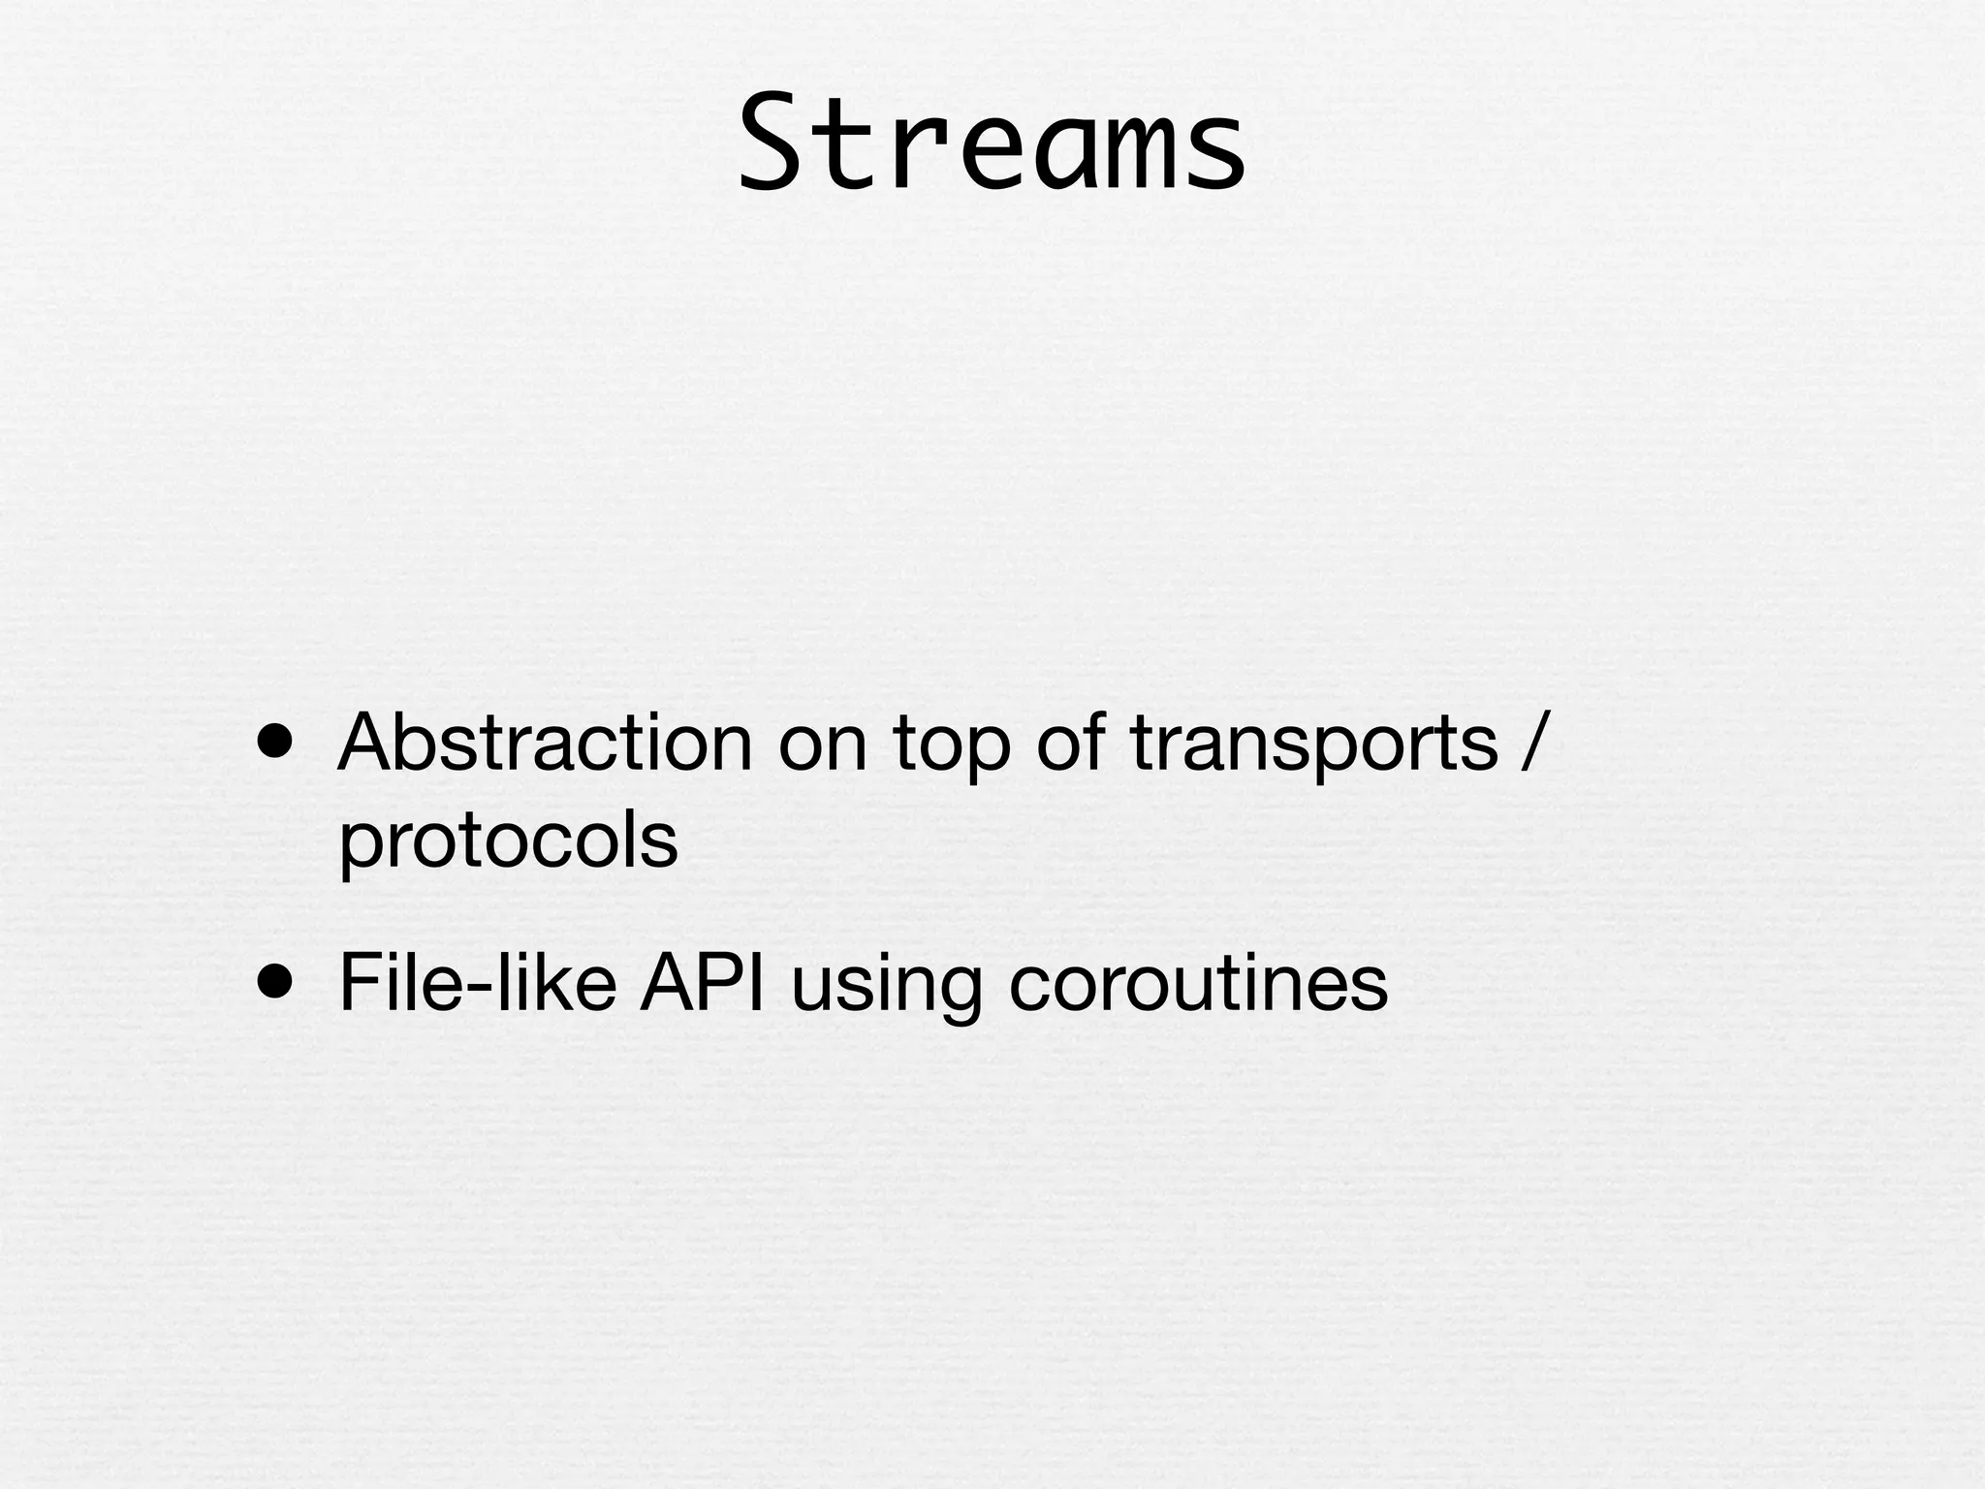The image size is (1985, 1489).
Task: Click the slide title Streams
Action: [x=992, y=143]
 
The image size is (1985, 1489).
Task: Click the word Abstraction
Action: [x=545, y=744]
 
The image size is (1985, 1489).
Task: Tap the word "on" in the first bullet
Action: [x=822, y=744]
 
